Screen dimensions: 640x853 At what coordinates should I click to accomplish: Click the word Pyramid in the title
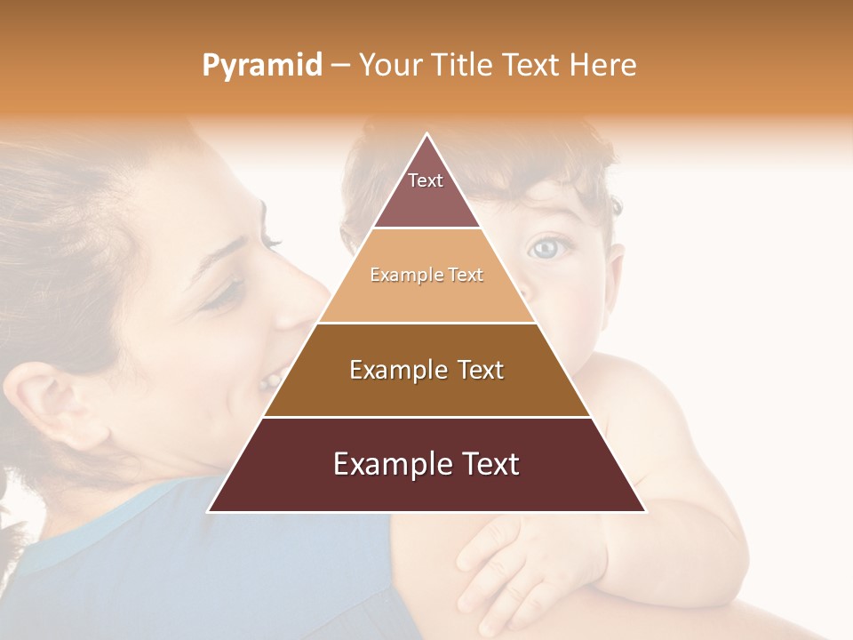tap(261, 66)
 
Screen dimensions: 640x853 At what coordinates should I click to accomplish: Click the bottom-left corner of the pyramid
tap(209, 511)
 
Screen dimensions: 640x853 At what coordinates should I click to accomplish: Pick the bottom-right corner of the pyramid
tap(645, 511)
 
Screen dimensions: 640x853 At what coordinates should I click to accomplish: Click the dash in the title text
tap(341, 66)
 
